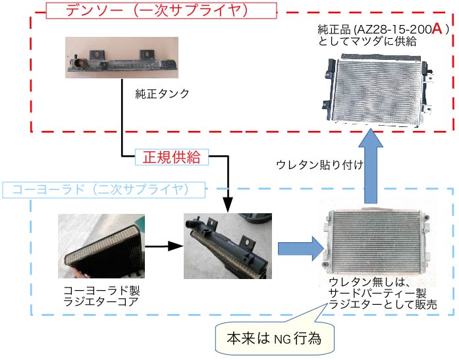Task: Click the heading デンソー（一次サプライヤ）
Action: pos(162,11)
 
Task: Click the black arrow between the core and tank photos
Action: pos(161,245)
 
